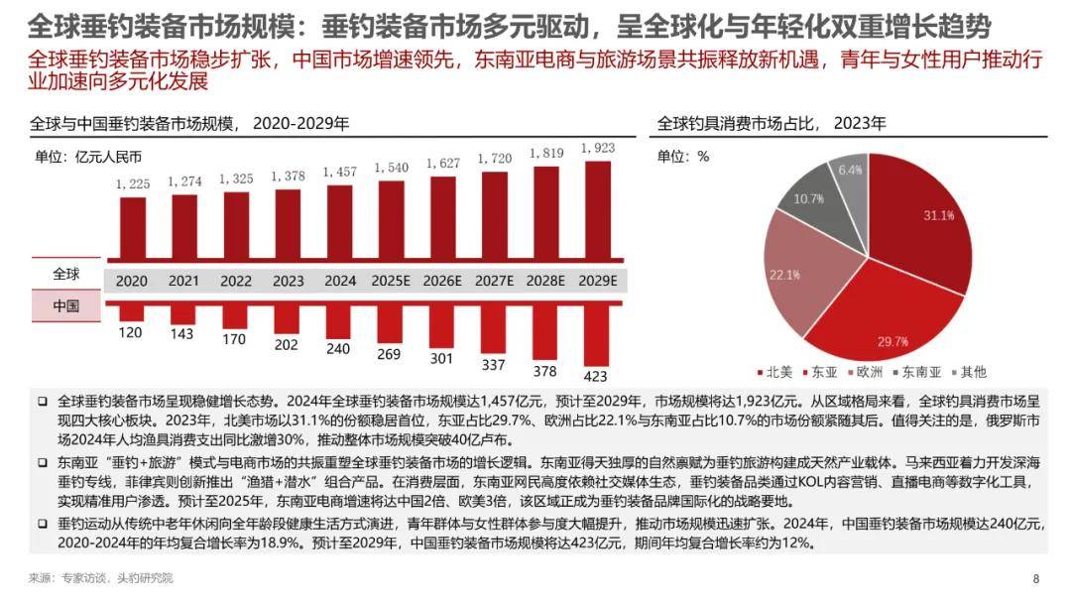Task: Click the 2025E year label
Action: tap(392, 281)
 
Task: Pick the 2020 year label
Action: tap(132, 281)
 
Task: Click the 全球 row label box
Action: tap(65, 274)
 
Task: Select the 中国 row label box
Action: tap(65, 305)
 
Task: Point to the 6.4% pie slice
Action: tap(849, 177)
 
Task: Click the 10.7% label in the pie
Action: tap(809, 198)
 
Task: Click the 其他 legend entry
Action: tap(969, 372)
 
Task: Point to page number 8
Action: tap(1035, 578)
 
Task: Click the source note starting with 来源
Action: tap(99, 578)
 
